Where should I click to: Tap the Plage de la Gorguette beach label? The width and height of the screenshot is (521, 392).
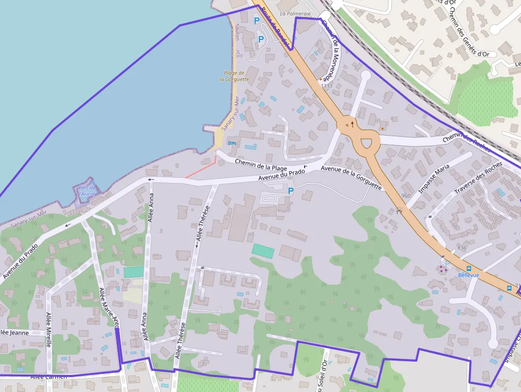234,76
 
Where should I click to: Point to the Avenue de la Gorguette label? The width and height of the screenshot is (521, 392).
351,177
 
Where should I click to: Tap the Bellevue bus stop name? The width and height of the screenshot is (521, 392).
468,275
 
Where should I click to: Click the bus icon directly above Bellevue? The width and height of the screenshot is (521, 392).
468,268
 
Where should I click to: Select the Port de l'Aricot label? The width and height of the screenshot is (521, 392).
87,190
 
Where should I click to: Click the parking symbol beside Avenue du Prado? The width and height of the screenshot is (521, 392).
290,190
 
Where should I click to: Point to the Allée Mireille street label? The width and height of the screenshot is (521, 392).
48,330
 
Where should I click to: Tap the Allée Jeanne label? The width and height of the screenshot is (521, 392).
14,332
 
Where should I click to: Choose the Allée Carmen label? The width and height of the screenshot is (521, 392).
49,377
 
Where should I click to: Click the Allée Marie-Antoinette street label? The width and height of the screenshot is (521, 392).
110,305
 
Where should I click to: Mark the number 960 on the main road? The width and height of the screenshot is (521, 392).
406,196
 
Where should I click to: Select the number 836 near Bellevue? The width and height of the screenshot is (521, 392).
461,248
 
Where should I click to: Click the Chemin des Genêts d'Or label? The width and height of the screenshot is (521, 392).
468,31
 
